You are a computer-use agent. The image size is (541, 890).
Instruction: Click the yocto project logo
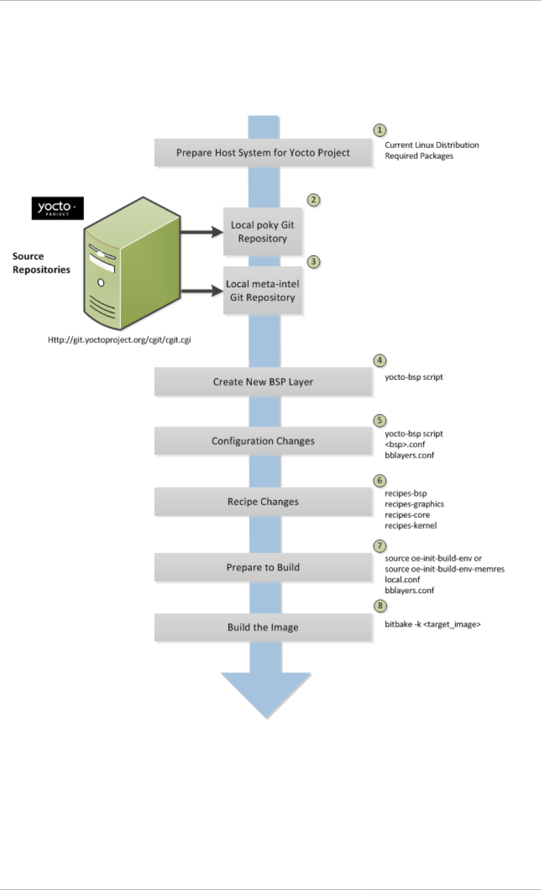click(58, 208)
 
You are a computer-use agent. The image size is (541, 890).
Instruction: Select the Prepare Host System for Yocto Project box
click(263, 152)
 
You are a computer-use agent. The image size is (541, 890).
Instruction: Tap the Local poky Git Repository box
click(263, 231)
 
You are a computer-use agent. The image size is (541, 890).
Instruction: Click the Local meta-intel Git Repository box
click(263, 290)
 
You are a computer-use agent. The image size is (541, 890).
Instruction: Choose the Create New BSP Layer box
click(263, 381)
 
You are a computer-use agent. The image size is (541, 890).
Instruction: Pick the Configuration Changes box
click(263, 441)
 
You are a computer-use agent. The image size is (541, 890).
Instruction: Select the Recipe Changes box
click(263, 501)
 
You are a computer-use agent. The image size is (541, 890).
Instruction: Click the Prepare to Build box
click(263, 567)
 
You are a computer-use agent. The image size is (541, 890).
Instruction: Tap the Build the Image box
click(263, 627)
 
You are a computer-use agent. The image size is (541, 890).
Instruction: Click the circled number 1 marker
click(380, 130)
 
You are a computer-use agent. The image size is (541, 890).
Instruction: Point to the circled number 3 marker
click(314, 261)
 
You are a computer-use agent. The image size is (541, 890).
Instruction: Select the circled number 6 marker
click(380, 480)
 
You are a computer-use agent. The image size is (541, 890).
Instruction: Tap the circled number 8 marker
click(380, 606)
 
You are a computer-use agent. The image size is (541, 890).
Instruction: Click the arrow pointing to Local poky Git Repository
click(202, 232)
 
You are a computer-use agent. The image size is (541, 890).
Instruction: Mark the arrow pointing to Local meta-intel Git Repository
click(202, 291)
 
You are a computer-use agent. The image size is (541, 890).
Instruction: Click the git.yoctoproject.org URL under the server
click(119, 339)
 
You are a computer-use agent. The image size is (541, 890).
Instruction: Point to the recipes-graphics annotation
click(414, 504)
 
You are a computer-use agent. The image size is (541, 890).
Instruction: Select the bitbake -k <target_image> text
click(432, 624)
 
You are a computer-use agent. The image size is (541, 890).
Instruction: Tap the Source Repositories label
click(41, 263)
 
